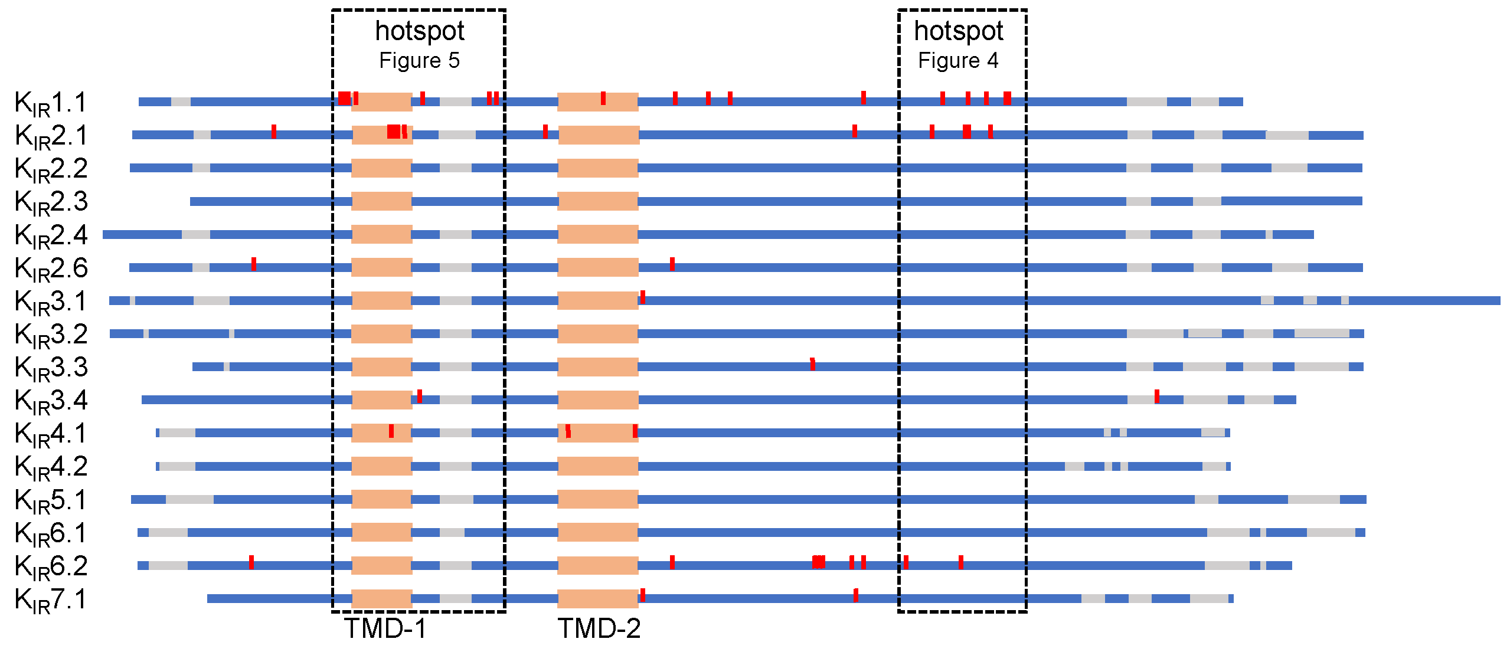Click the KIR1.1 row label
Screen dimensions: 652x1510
[51, 103]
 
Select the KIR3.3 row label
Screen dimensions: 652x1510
[51, 368]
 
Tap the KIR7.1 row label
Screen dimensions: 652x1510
[51, 599]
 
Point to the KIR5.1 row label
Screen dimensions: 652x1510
[51, 500]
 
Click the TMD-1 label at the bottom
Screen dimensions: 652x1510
[385, 628]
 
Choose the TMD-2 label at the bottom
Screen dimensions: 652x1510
[599, 628]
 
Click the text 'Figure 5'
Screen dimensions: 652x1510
[419, 61]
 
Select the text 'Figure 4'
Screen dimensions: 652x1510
[958, 61]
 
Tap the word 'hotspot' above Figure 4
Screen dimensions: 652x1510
[958, 31]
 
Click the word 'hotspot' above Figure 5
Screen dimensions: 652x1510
[420, 31]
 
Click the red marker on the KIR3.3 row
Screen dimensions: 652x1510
[813, 364]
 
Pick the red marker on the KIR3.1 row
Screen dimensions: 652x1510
[643, 297]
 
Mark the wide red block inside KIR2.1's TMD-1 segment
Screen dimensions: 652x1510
[394, 132]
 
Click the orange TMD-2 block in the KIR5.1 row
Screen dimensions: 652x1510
[598, 499]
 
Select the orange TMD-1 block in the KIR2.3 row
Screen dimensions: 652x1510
[382, 201]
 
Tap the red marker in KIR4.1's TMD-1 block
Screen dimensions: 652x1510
[391, 431]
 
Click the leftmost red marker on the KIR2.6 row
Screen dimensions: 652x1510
[254, 264]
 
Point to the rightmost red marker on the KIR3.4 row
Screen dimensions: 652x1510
[1157, 397]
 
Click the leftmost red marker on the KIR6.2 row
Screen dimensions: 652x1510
[251, 562]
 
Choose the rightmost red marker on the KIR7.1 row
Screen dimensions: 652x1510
[856, 595]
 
